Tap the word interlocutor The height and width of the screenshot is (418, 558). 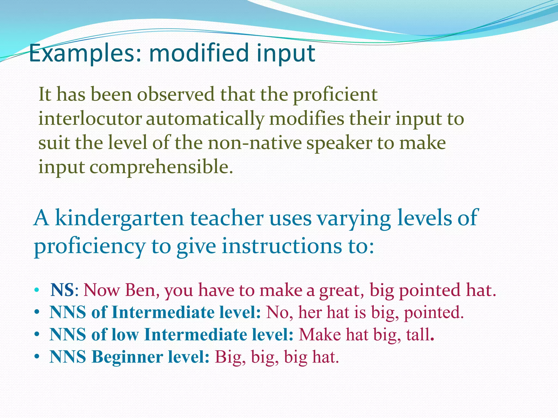[x=90, y=119]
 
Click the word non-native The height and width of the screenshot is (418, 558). [x=255, y=143]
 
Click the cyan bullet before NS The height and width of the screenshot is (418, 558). [x=37, y=290]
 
